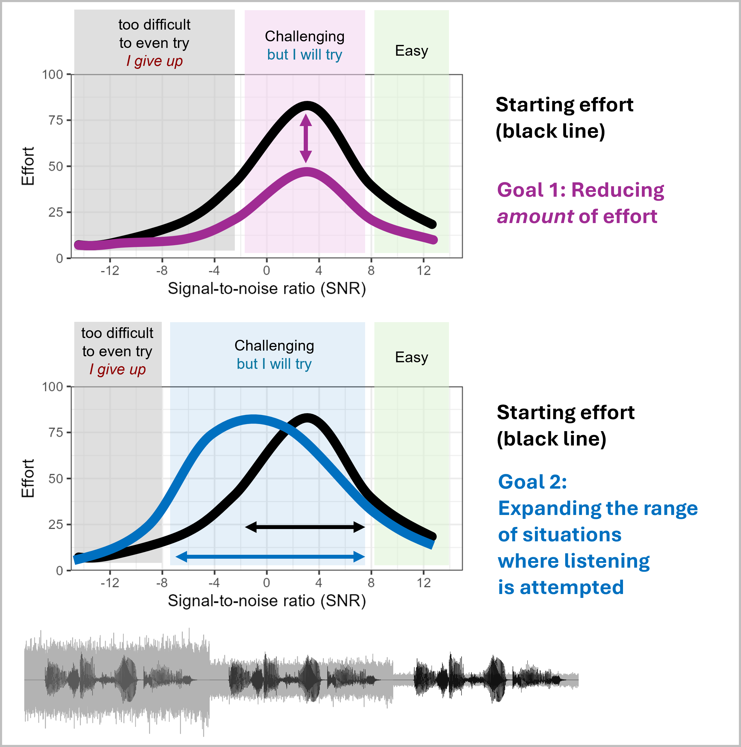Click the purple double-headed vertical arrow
click(x=306, y=138)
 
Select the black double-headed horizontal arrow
click(x=305, y=527)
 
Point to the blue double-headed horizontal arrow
click(x=270, y=557)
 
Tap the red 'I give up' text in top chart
click(x=155, y=61)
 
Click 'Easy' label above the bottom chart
click(x=412, y=357)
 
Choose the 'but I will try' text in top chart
click(x=305, y=54)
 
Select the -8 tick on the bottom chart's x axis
click(x=162, y=582)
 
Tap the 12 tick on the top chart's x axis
click(x=424, y=270)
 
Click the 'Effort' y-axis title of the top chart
click(x=28, y=166)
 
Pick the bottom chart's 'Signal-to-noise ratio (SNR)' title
click(x=267, y=601)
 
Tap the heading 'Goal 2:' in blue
click(x=533, y=482)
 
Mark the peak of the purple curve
click(x=307, y=172)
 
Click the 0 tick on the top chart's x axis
click(x=267, y=270)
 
